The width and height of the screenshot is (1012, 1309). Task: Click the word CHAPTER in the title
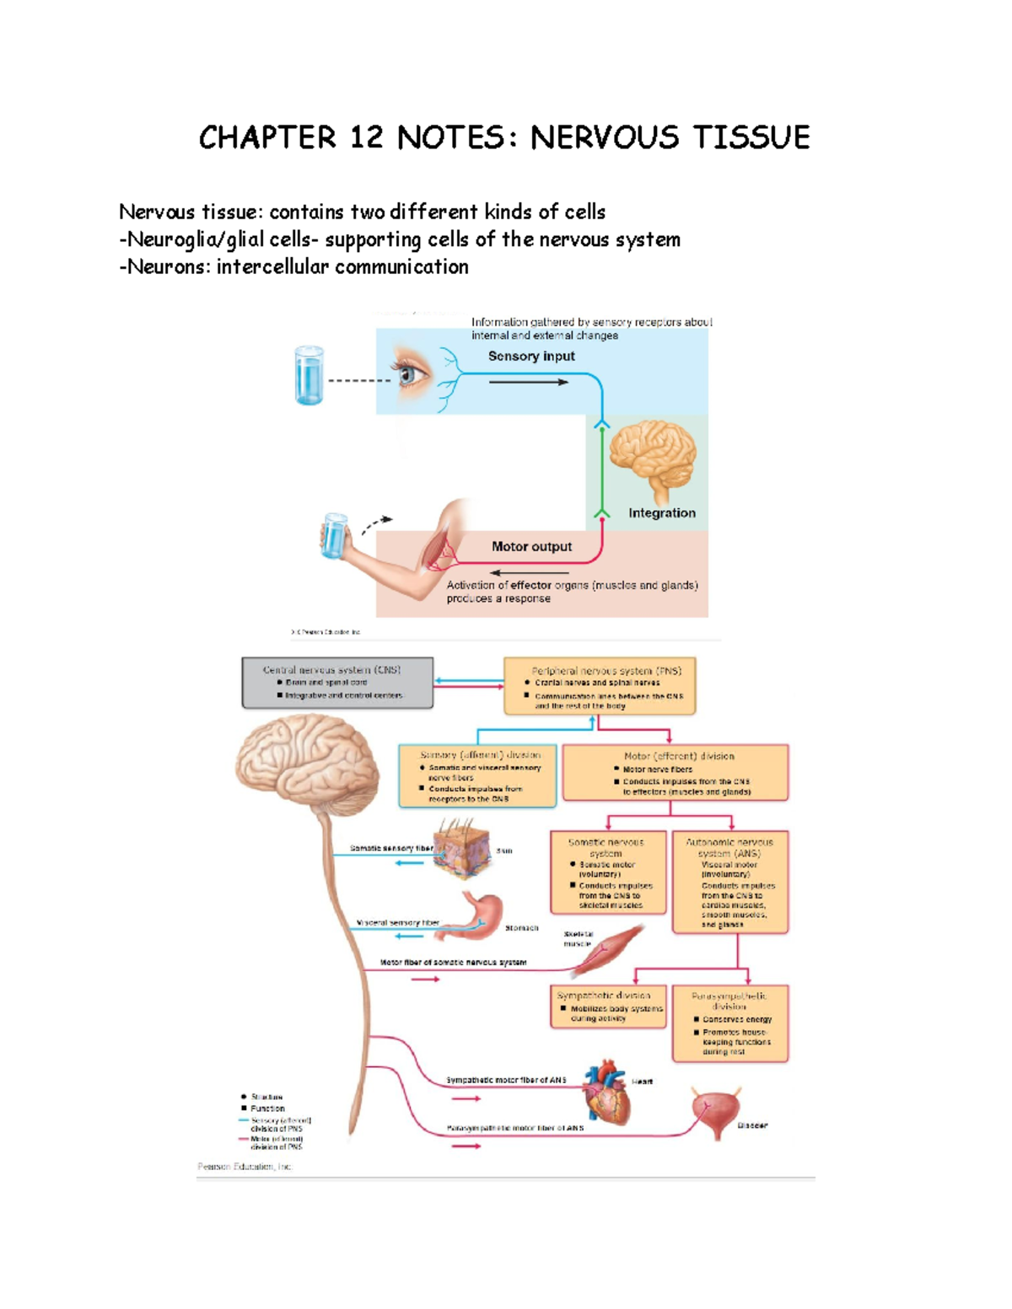tap(266, 137)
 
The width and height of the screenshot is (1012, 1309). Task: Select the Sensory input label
tap(531, 357)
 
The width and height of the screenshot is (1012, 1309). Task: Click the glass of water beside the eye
tap(310, 375)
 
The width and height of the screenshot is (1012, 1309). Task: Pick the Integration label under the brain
tap(662, 512)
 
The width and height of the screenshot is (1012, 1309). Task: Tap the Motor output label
tap(531, 546)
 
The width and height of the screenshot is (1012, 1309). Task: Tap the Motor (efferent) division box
tap(676, 772)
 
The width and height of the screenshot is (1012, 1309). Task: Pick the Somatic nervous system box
tap(607, 872)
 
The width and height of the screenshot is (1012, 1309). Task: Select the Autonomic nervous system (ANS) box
tap(730, 882)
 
